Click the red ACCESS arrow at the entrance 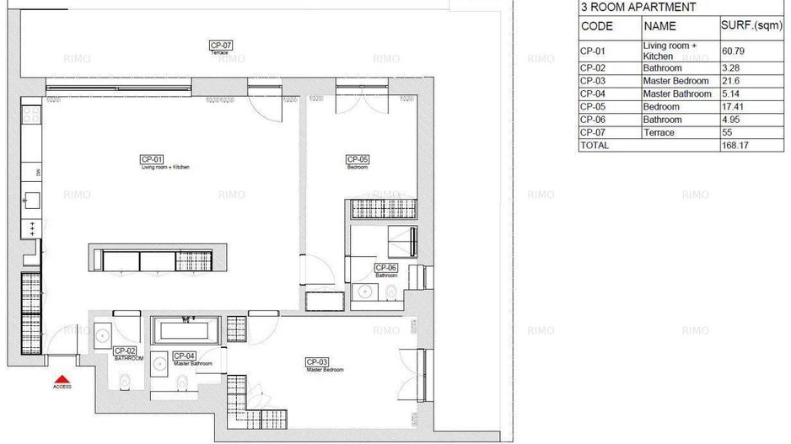pyautogui.click(x=62, y=380)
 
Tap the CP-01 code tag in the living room pyautogui.click(x=151, y=159)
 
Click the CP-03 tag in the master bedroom pyautogui.click(x=316, y=362)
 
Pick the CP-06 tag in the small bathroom pyautogui.click(x=386, y=268)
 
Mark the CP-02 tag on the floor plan pyautogui.click(x=125, y=350)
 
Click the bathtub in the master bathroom pyautogui.click(x=186, y=329)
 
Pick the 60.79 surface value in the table pyautogui.click(x=734, y=51)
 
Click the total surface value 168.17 pyautogui.click(x=736, y=146)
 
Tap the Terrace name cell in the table pyautogui.click(x=659, y=133)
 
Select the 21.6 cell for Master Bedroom pyautogui.click(x=731, y=81)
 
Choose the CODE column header pyautogui.click(x=597, y=26)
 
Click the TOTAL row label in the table pyautogui.click(x=595, y=146)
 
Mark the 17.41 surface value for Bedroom pyautogui.click(x=734, y=107)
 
